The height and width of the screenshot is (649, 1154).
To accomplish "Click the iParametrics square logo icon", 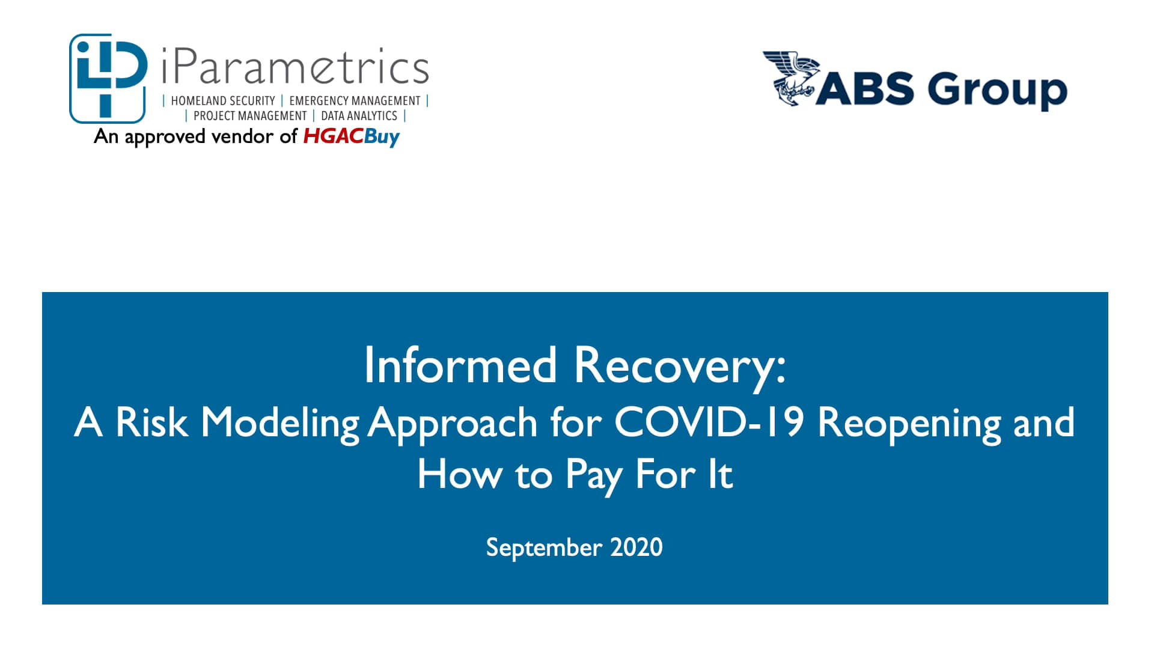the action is click(108, 78).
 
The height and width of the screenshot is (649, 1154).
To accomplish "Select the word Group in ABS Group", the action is click(997, 90).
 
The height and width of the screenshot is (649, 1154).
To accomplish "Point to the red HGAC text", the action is click(334, 136).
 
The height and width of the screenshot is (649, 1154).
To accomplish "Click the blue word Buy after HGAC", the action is click(382, 138).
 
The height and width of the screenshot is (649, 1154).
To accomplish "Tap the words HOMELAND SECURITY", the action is click(223, 101).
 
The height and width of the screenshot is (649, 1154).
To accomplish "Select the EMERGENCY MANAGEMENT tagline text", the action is click(355, 101).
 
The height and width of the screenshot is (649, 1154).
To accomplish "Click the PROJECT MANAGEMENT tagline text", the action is click(250, 115).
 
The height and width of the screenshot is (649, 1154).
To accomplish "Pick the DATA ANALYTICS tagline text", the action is click(359, 115).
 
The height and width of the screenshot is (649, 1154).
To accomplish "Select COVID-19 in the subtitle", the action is click(709, 422).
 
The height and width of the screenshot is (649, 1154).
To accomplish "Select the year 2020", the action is click(637, 547).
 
